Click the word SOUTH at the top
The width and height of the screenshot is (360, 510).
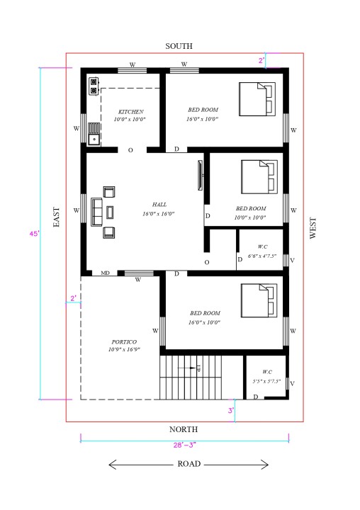pyautogui.click(x=179, y=46)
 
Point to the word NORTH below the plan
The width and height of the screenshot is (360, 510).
pyautogui.click(x=184, y=429)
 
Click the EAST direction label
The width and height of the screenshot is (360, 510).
pyautogui.click(x=56, y=217)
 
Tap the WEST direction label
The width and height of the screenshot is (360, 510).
pyautogui.click(x=313, y=228)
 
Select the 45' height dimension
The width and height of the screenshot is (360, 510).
pyautogui.click(x=33, y=233)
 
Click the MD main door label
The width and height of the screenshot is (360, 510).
pyautogui.click(x=105, y=273)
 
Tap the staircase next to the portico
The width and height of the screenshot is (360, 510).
pyautogui.click(x=191, y=377)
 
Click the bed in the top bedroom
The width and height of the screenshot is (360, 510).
pyautogui.click(x=257, y=98)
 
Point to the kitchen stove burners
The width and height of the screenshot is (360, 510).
pyautogui.click(x=93, y=86)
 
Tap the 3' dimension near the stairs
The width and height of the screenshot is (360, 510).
pyautogui.click(x=230, y=410)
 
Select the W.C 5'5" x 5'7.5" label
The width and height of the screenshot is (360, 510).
pyautogui.click(x=266, y=376)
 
